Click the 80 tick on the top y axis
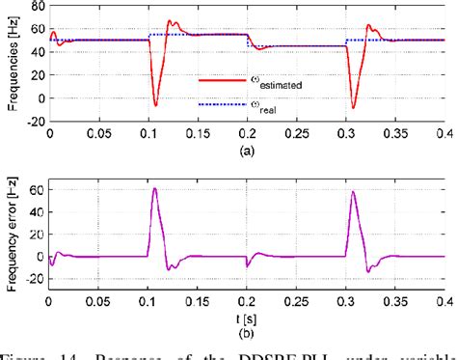point(34,6)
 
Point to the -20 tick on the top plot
point(32,123)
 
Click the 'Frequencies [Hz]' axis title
point(9,64)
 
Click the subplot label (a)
point(247,150)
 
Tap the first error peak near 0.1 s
point(154,188)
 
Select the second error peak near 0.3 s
point(353,191)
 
